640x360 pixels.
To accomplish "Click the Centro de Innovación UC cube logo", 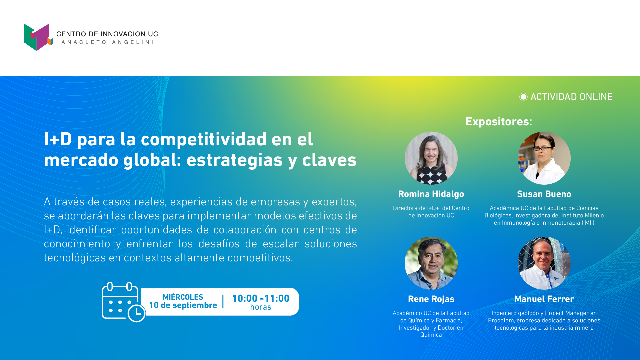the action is tap(38, 37).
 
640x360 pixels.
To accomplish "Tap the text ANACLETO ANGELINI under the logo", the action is tap(107, 42).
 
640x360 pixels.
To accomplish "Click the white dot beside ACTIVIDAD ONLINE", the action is tap(523, 97).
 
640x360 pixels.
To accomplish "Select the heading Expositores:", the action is tap(499, 121).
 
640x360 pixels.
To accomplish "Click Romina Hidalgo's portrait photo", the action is tap(431, 158).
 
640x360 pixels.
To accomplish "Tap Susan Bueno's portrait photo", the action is tap(544, 158).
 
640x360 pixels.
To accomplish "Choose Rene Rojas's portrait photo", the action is tap(431, 263).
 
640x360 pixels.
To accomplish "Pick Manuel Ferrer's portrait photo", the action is tap(544, 263).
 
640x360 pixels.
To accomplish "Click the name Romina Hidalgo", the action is tap(431, 194).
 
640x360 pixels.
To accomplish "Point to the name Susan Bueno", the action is tap(544, 194).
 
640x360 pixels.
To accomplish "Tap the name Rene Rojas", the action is tap(431, 299).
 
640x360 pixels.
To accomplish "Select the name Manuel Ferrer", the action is tap(544, 299).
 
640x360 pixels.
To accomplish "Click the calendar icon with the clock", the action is tap(124, 302).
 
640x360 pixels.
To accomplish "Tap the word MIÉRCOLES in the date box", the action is tap(183, 297).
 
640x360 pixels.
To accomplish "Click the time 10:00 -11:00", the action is tap(261, 298).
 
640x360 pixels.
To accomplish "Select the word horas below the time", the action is tap(261, 307).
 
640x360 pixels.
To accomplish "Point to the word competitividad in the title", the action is tap(204, 139).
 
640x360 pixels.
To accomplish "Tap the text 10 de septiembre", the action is tap(183, 305).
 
